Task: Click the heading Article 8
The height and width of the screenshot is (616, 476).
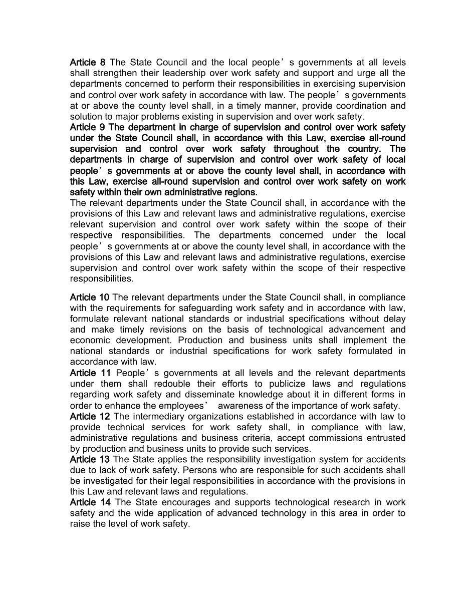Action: point(88,63)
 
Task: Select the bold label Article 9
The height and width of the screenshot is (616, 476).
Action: point(88,127)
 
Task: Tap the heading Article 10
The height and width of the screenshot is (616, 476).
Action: point(90,297)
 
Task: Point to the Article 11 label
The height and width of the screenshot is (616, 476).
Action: point(90,373)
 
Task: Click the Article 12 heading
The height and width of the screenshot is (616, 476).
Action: point(90,417)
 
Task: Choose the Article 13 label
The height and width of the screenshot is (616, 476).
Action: point(90,460)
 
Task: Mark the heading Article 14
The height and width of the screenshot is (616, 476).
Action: point(90,502)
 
